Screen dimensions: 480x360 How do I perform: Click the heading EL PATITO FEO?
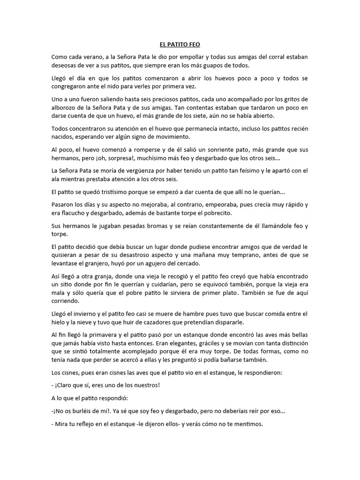[x=180, y=45]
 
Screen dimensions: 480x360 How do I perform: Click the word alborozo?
[x=65, y=108]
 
